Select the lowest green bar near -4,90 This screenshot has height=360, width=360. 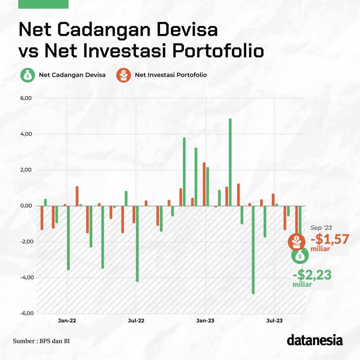253,250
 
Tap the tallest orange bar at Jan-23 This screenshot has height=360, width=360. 204,184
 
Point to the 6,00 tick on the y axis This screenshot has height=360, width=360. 27,98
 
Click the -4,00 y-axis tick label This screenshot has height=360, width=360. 27,277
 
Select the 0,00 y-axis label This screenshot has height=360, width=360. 27,206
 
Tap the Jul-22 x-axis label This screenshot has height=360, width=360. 136,320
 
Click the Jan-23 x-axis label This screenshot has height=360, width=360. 205,320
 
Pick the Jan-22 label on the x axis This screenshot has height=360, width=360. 67,320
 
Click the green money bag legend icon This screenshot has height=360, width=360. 27,75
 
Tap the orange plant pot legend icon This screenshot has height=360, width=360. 123,75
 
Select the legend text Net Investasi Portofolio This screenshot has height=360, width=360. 171,75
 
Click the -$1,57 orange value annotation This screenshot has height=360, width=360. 330,239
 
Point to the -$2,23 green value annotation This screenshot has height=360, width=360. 312,275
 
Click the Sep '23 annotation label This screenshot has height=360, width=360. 321,228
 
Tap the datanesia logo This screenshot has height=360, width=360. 315,340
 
